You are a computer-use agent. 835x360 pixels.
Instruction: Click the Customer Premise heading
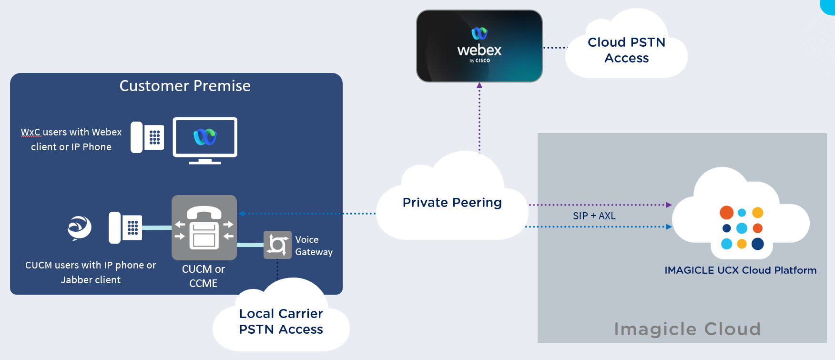tap(185, 86)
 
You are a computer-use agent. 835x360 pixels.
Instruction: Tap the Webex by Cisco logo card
tap(479, 46)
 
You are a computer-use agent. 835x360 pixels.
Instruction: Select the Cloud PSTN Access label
tap(626, 50)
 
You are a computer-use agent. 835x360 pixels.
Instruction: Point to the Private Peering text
tap(452, 203)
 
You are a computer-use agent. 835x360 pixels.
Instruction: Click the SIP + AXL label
tap(594, 216)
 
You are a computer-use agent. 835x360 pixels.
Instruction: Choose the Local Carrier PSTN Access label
tap(281, 321)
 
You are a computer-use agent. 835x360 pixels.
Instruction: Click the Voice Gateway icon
tap(277, 245)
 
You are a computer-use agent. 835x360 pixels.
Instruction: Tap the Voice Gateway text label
tap(314, 246)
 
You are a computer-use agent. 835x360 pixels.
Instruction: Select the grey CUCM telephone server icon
tap(204, 227)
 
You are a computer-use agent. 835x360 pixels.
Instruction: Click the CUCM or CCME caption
tap(204, 276)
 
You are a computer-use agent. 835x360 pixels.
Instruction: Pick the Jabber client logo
tap(79, 228)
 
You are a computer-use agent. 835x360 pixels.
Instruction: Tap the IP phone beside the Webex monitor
tap(147, 137)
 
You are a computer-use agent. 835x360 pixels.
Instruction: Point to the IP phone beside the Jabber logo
tap(125, 228)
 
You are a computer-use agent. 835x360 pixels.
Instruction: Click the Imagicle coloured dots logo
tap(742, 228)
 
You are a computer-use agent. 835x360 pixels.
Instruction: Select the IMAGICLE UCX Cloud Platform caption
tap(740, 270)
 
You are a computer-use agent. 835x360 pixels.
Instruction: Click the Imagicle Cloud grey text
tap(687, 329)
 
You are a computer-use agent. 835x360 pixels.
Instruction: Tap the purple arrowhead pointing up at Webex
tap(479, 85)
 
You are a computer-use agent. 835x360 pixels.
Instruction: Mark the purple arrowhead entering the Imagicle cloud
tap(669, 205)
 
